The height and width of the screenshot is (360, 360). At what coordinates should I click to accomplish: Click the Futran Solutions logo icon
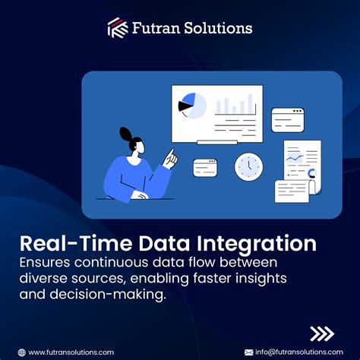pyautogui.click(x=118, y=29)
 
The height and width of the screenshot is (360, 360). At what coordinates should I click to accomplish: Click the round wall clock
pyautogui.click(x=248, y=166)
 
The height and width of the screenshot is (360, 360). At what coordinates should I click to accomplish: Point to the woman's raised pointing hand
pyautogui.click(x=172, y=158)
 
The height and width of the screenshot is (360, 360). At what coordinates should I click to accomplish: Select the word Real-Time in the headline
pyautogui.click(x=68, y=244)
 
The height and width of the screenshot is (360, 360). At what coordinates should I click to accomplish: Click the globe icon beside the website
pyautogui.click(x=22, y=352)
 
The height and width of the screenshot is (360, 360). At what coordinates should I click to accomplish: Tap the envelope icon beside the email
pyautogui.click(x=248, y=352)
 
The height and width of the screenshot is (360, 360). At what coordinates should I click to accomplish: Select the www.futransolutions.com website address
pyautogui.click(x=71, y=352)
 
